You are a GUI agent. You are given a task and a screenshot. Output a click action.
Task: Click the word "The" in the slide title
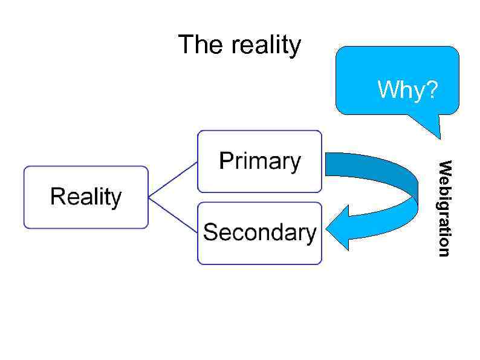click(x=196, y=45)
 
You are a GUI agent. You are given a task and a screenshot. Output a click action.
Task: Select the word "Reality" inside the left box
click(x=86, y=197)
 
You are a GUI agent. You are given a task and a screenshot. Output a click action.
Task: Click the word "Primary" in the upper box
click(x=259, y=162)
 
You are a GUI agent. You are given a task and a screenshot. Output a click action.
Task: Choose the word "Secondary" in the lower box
click(x=259, y=232)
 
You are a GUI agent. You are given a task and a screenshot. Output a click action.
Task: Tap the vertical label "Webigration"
click(x=444, y=208)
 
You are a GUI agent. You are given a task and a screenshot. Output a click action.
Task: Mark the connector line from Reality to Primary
click(x=174, y=179)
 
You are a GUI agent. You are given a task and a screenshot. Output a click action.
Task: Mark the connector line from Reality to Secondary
click(x=174, y=215)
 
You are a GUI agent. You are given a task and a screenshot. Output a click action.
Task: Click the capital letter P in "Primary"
click(x=225, y=161)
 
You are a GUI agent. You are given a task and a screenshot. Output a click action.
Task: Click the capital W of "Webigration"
click(x=444, y=167)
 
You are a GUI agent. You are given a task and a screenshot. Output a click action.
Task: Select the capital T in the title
click(x=184, y=45)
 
